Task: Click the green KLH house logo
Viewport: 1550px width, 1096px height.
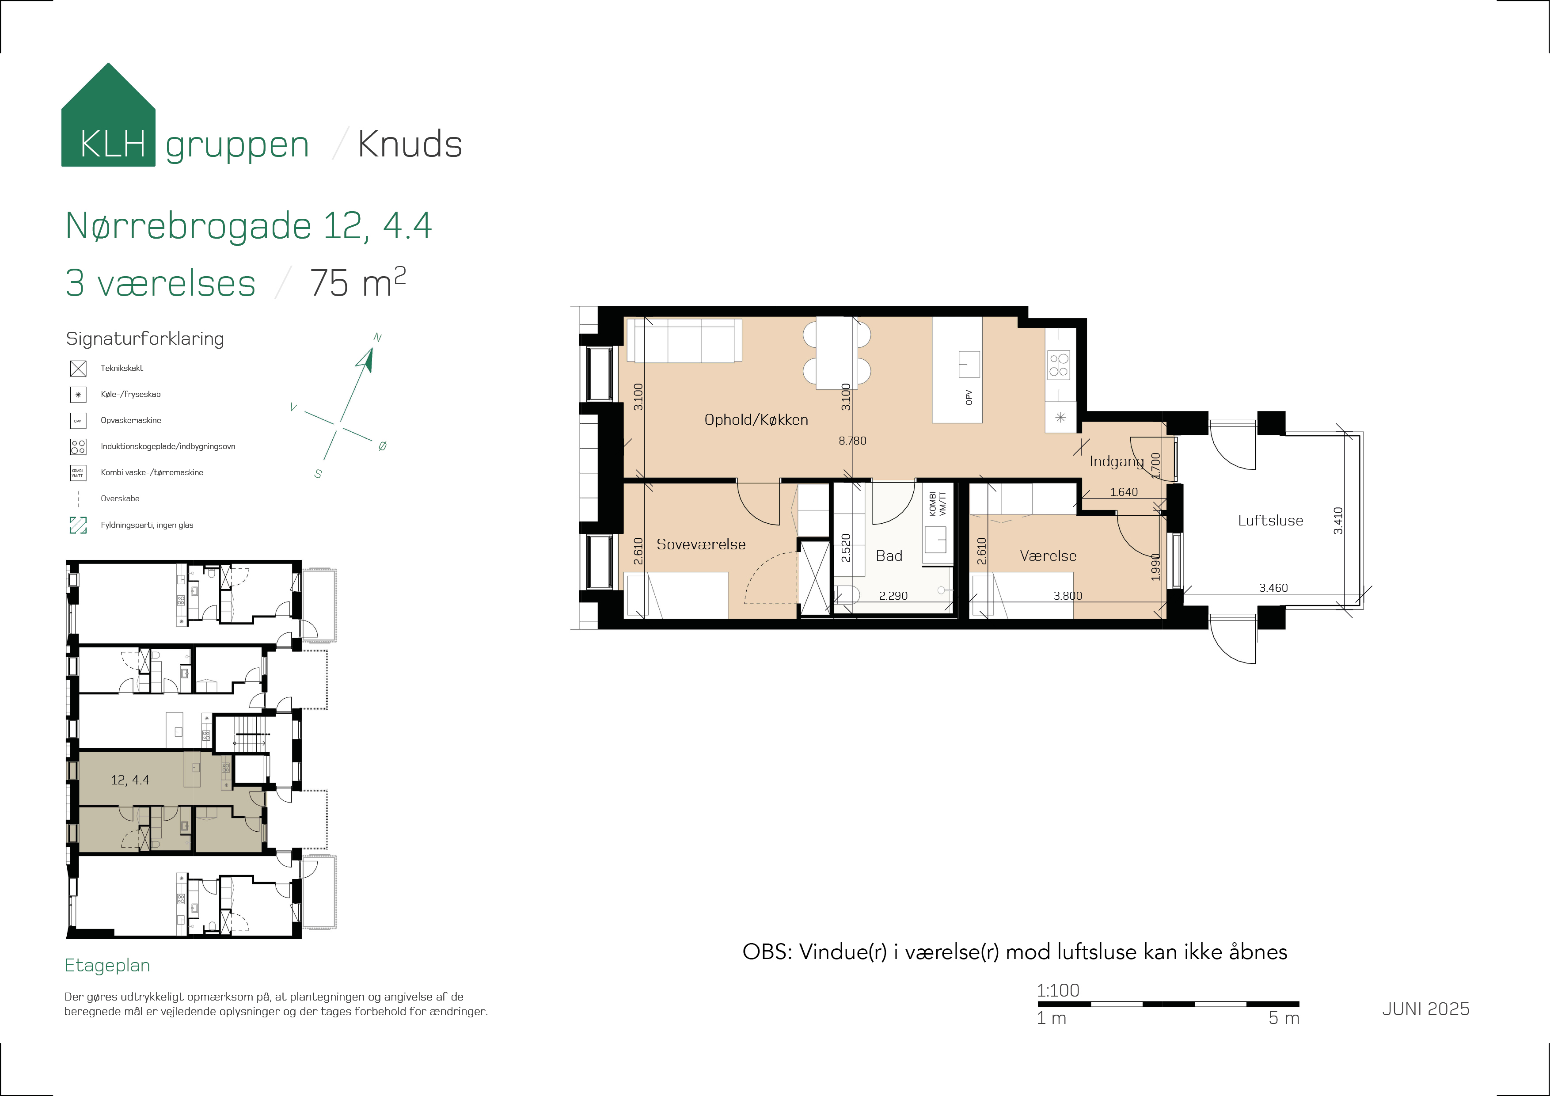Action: [x=108, y=115]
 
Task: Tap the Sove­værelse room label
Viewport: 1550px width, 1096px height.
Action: [x=701, y=544]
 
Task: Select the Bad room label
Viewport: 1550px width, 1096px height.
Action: [x=889, y=556]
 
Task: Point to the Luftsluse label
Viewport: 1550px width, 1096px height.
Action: [x=1270, y=521]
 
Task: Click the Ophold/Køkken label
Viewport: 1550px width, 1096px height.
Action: [x=756, y=420]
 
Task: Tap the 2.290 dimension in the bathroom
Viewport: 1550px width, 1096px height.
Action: [x=893, y=596]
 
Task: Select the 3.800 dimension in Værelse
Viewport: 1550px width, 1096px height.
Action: [x=1068, y=596]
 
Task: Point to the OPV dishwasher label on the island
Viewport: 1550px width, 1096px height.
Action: [x=969, y=397]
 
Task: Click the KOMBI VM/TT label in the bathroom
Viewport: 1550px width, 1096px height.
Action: [x=938, y=504]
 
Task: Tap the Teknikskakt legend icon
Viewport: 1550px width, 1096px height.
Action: [x=78, y=368]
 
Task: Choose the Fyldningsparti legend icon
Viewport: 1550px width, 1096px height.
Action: [x=78, y=525]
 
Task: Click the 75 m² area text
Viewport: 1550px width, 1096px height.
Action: [x=358, y=282]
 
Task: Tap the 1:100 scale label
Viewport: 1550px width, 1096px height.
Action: [x=1058, y=990]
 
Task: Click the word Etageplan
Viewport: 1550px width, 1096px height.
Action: [x=107, y=966]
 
